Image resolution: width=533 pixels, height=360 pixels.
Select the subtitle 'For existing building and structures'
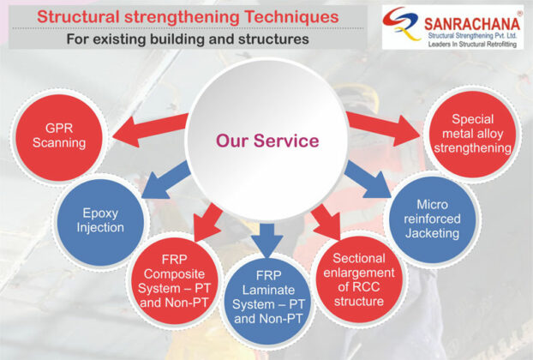(187, 39)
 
